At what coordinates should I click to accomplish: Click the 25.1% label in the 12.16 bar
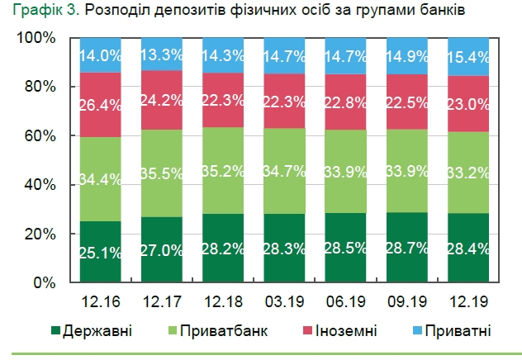click(101, 252)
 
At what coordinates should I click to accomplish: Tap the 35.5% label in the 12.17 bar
click(162, 174)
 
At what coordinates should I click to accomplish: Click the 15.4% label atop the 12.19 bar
click(469, 58)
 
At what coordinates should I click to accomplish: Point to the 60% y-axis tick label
click(39, 136)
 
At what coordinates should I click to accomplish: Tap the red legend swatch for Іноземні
click(307, 331)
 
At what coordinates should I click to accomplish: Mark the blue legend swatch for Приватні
click(417, 331)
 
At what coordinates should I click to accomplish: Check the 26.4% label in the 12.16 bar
click(101, 106)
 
